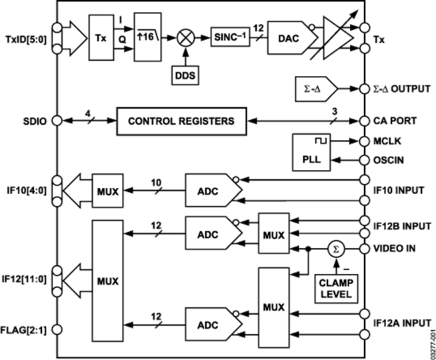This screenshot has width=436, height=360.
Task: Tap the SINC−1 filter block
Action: click(231, 35)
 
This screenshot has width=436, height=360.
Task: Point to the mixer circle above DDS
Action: click(183, 36)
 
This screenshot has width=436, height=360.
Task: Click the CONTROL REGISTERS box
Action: click(181, 121)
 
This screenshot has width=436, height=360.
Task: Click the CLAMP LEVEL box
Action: click(335, 289)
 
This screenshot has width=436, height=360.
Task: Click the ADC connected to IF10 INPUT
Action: click(209, 191)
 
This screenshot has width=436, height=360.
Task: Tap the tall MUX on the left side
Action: click(107, 281)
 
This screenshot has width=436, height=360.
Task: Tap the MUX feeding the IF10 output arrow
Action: click(107, 191)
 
